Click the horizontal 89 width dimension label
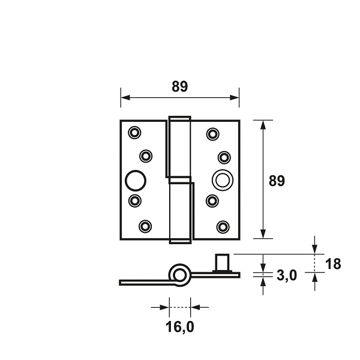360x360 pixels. (x=180, y=86)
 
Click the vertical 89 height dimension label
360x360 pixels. (x=277, y=181)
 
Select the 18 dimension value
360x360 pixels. (x=333, y=264)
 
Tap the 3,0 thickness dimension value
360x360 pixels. (x=287, y=275)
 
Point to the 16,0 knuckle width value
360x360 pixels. (x=180, y=327)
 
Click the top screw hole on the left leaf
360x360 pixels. (x=134, y=133)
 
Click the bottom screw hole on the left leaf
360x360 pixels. (x=145, y=226)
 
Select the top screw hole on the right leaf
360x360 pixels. (x=212, y=134)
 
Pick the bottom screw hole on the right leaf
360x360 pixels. (x=223, y=227)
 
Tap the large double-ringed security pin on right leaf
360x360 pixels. (x=223, y=180)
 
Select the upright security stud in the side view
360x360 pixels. (x=222, y=263)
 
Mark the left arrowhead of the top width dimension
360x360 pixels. (x=125, y=98)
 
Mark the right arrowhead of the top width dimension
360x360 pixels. (x=235, y=98)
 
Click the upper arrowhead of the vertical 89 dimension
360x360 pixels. (x=263, y=125)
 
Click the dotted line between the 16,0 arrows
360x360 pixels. (x=180, y=307)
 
